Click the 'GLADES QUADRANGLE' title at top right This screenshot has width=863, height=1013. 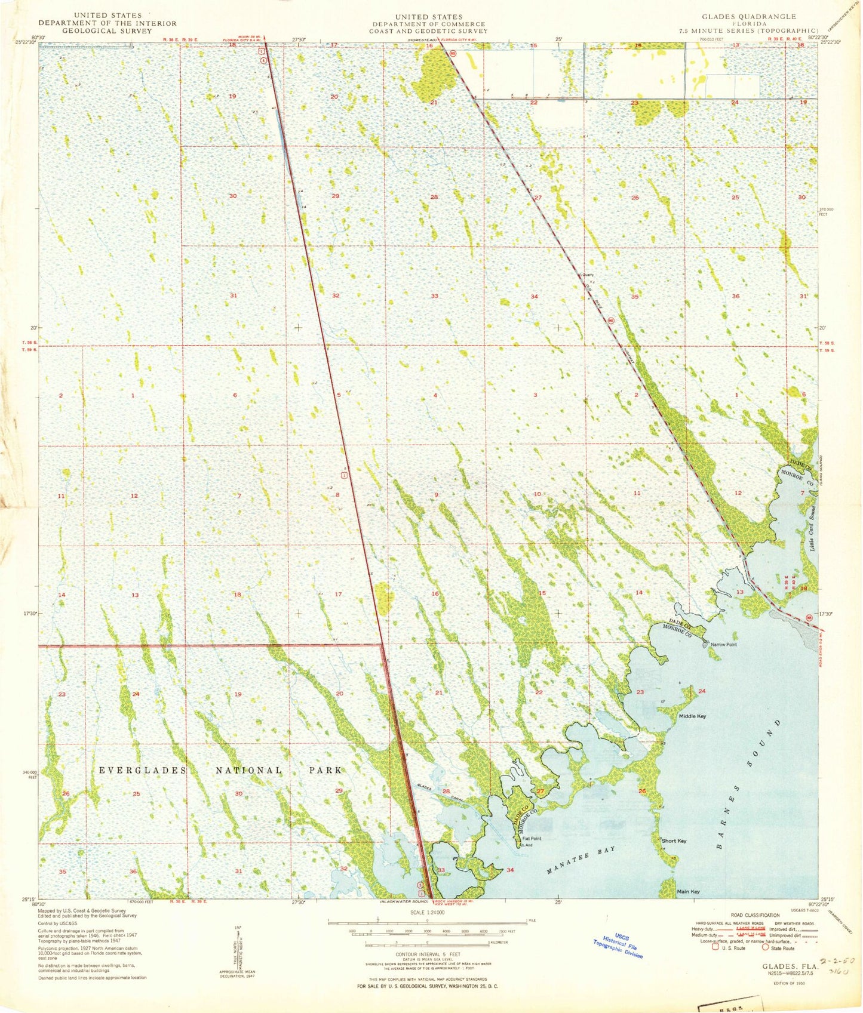point(750,17)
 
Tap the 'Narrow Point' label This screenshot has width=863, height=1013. point(723,645)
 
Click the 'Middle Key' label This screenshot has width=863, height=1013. point(692,716)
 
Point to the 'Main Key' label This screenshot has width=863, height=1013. point(687,892)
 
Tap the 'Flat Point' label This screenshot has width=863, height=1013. point(532,839)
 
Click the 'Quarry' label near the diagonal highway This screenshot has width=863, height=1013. point(588,275)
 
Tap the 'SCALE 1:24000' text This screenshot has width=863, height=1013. point(427,913)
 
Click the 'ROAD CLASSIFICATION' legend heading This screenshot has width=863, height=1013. point(755,915)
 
